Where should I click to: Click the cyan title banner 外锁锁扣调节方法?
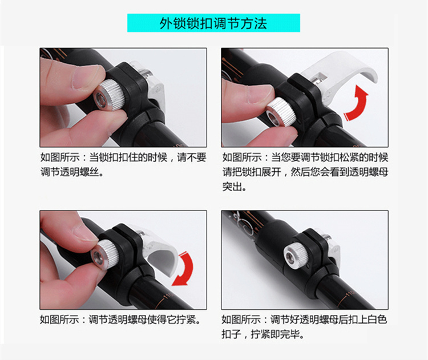coord(213,23)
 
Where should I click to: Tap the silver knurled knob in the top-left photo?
coord(109,95)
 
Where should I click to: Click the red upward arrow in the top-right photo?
coord(356,102)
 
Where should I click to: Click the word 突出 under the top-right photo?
coord(232,187)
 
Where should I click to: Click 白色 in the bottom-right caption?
coord(377,319)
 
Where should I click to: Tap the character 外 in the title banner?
coord(166,23)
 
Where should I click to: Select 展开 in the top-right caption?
coord(271,172)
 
